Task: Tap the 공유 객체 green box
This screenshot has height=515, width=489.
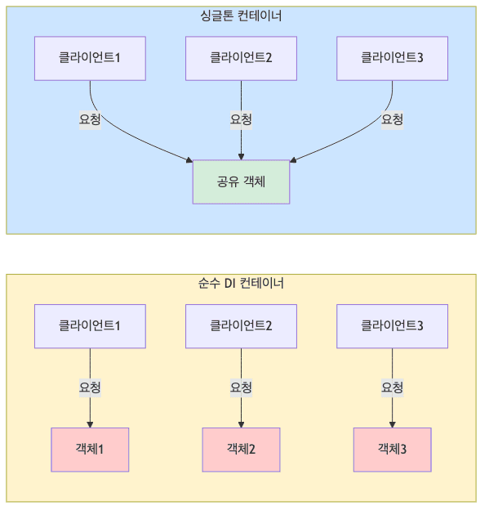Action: pos(241,181)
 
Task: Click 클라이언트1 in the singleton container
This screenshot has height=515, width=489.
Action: pos(90,58)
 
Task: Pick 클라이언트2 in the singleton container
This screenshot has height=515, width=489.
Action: pos(241,58)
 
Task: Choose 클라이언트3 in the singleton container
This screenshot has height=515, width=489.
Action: pos(392,58)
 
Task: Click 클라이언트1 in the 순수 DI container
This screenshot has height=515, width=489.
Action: pos(90,325)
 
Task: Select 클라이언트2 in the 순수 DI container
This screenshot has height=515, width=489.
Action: pos(241,325)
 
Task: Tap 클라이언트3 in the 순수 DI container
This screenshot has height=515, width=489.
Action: pos(392,325)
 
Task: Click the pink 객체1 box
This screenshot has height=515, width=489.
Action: pos(90,450)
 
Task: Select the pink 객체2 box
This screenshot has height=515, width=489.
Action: pos(241,450)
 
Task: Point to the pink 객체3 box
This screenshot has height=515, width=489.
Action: pos(392,450)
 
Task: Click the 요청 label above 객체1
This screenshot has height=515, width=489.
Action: pos(90,387)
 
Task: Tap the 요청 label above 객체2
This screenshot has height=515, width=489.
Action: pos(241,387)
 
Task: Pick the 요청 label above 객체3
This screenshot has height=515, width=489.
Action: pos(392,387)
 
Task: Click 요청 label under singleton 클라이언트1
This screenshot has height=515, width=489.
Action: pos(90,119)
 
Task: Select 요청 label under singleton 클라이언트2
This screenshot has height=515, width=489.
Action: pos(241,119)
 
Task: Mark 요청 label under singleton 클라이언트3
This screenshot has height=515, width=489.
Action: pos(392,119)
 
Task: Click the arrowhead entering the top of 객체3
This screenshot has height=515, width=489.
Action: pos(392,423)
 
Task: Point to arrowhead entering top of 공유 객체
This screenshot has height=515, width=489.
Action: pos(241,156)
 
